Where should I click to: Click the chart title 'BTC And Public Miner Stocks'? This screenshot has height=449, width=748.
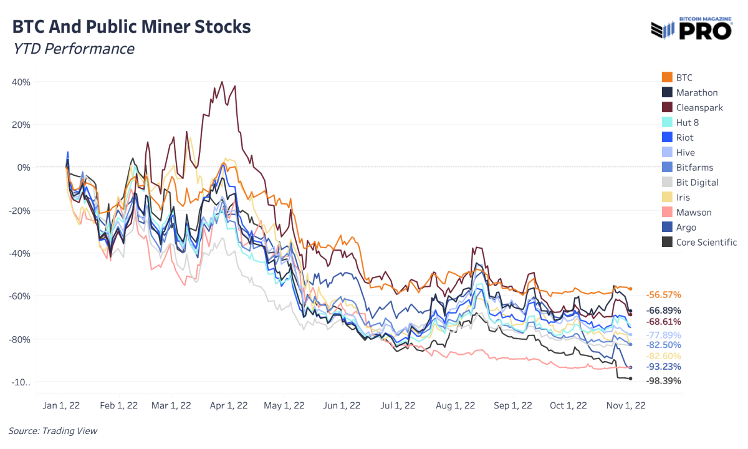[132, 27]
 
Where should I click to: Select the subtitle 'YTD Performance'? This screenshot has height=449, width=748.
[74, 49]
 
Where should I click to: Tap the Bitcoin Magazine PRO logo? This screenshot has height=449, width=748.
[691, 29]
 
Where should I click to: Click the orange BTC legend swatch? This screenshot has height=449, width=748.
[666, 77]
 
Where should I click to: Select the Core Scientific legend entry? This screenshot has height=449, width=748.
[706, 242]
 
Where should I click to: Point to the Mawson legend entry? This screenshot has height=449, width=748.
[694, 212]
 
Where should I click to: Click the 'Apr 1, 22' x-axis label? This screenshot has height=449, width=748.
[229, 405]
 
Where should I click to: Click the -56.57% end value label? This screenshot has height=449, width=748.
[663, 294]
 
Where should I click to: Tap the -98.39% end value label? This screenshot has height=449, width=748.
[663, 380]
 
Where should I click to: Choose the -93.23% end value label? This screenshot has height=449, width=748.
[663, 366]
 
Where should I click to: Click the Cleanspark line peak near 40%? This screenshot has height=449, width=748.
[222, 82]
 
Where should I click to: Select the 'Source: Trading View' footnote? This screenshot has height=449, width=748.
[53, 431]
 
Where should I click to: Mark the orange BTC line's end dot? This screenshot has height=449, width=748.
[630, 288]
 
